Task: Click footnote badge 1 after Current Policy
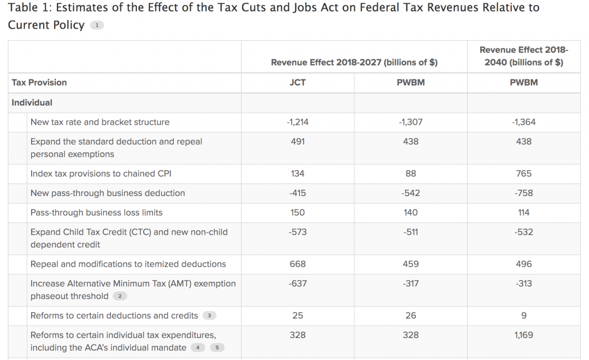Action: click(97, 25)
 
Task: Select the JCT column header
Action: click(297, 82)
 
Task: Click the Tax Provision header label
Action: click(39, 82)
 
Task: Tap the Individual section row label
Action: click(32, 102)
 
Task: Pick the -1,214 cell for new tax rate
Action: click(297, 122)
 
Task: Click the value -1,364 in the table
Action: click(523, 122)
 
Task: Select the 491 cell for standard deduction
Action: click(297, 141)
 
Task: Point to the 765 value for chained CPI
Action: click(523, 174)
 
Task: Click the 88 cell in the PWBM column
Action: click(411, 174)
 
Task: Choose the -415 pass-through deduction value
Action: click(297, 193)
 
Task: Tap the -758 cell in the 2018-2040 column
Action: click(523, 193)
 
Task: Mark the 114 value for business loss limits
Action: click(523, 213)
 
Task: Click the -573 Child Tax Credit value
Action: click(297, 232)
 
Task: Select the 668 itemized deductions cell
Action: click(297, 265)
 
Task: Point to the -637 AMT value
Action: click(297, 284)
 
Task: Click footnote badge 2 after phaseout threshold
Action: click(120, 296)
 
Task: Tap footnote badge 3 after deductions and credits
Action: click(209, 316)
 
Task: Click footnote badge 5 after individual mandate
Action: click(217, 348)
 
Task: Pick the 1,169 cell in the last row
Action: click(523, 335)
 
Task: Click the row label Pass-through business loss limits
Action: click(96, 213)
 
